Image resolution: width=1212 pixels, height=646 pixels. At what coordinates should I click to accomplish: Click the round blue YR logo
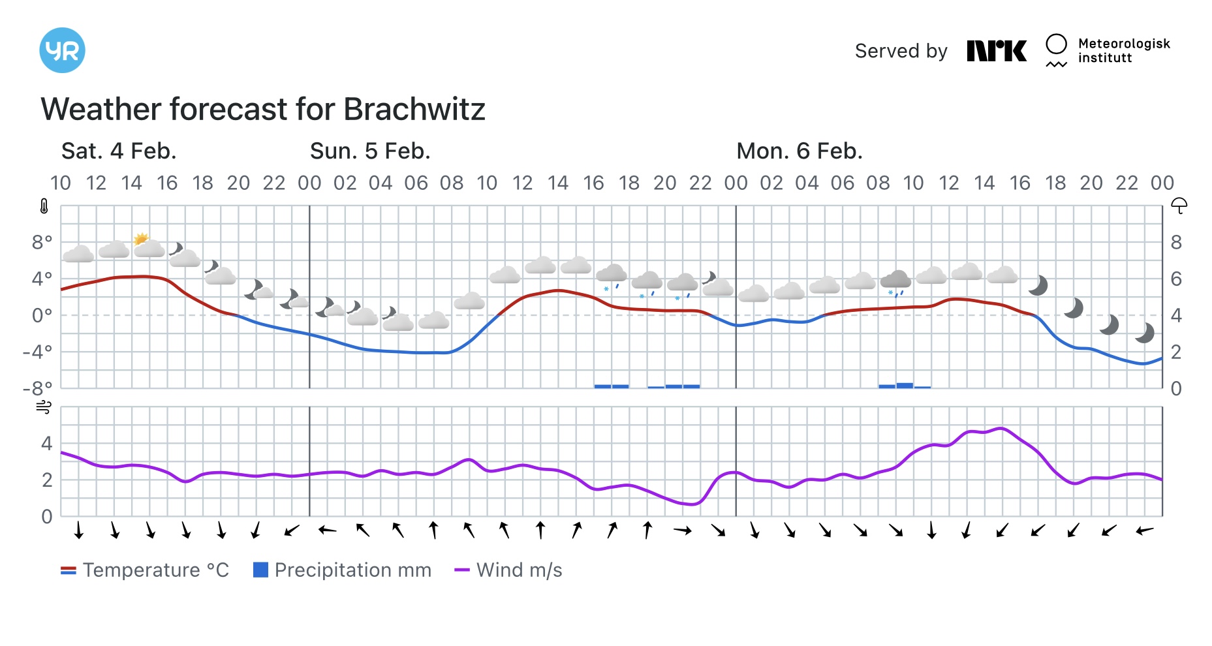[x=62, y=50]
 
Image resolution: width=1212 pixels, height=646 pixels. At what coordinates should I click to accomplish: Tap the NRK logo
[x=996, y=51]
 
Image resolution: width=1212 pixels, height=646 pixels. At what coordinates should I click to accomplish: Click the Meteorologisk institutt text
[x=1123, y=51]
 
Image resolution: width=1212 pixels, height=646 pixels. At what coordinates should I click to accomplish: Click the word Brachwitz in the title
[x=414, y=110]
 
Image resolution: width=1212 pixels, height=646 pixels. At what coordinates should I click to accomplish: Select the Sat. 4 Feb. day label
[x=119, y=151]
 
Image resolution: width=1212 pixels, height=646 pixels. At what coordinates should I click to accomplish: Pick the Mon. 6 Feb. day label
[x=799, y=151]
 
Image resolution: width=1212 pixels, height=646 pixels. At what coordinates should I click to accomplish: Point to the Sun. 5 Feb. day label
[x=370, y=151]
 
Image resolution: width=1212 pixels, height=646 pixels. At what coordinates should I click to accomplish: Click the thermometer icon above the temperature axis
[x=44, y=207]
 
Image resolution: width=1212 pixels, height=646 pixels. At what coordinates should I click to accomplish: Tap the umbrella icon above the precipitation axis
[x=1179, y=206]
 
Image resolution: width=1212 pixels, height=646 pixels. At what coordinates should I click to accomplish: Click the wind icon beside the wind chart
[x=44, y=408]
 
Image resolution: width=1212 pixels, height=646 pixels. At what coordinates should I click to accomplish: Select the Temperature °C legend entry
[x=145, y=570]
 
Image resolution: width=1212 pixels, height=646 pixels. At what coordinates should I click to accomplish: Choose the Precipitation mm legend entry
[x=342, y=570]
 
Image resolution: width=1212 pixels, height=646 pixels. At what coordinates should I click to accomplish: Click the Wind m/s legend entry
[x=508, y=570]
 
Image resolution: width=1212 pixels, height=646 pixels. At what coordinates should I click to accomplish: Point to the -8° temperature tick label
[x=38, y=389]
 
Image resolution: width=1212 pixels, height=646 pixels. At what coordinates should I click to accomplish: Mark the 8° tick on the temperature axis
[x=42, y=243]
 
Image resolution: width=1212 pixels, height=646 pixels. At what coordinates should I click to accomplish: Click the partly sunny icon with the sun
[x=148, y=245]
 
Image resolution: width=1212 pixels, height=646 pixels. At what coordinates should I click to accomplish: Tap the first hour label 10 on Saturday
[x=61, y=183]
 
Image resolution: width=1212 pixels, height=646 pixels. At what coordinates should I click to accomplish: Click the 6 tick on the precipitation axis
[x=1176, y=279]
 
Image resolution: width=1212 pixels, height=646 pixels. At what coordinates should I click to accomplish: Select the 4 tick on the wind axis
[x=46, y=444]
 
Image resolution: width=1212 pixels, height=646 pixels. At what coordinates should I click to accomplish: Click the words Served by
[x=901, y=51]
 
